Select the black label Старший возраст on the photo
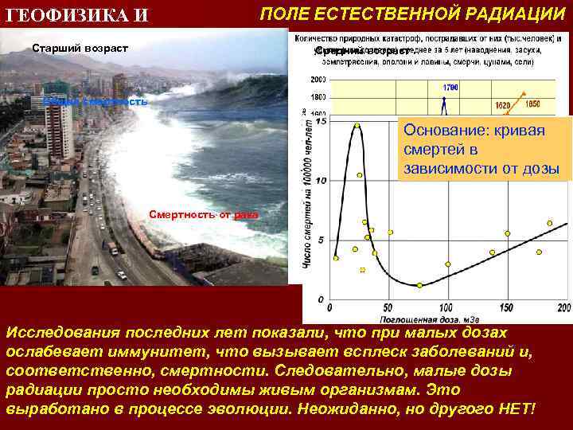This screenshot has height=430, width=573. [80, 49]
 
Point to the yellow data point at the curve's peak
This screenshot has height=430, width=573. [357, 126]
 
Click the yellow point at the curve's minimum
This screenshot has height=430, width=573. [420, 285]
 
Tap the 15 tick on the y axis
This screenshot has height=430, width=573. [320, 122]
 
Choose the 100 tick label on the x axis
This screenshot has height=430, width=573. [446, 307]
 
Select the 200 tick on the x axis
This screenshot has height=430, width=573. [563, 307]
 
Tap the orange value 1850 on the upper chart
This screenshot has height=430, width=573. [532, 104]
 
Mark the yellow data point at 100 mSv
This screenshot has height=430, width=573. [448, 264]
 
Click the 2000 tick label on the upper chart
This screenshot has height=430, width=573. [318, 80]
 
